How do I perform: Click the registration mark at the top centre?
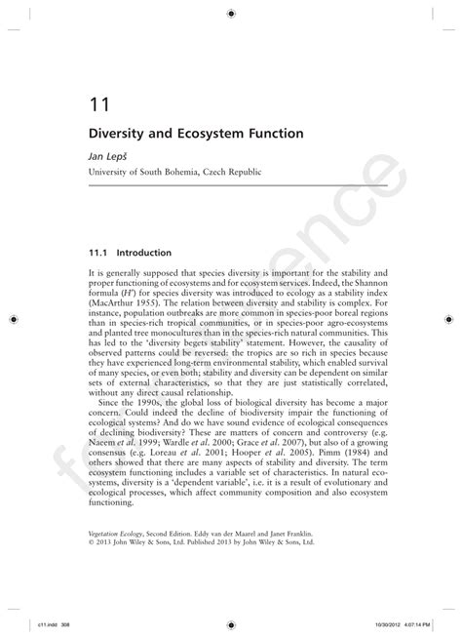pyautogui.click(x=231, y=13)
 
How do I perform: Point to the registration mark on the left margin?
pyautogui.click(x=12, y=318)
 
